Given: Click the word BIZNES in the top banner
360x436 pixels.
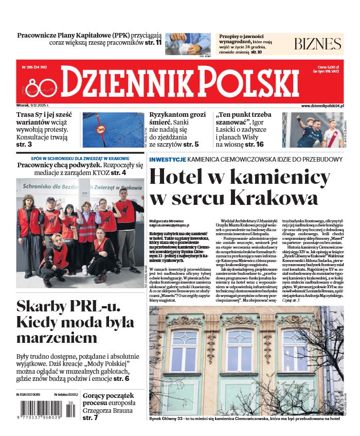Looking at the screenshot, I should tap(318, 44).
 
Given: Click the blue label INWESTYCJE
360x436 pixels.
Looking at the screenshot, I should tap(167, 160).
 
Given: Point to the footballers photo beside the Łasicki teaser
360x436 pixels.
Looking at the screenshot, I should tap(313, 130).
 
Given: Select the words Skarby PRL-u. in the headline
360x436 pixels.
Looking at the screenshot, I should tap(68, 306).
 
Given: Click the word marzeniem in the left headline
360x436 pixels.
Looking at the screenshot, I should tap(56, 338).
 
